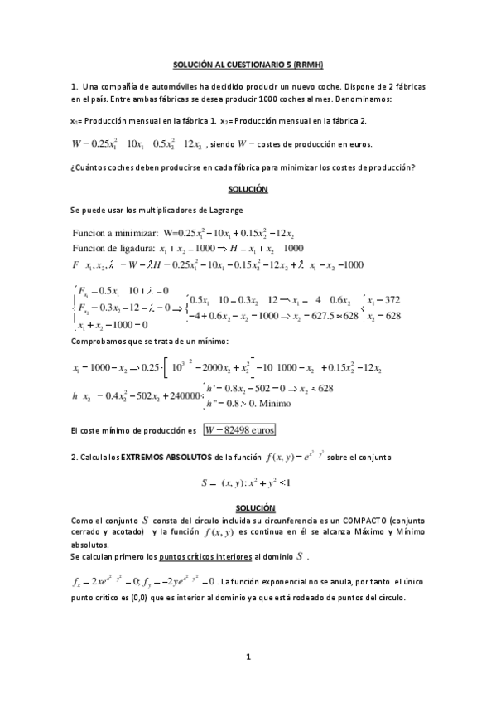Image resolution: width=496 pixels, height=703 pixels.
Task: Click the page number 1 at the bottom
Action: coord(248,657)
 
